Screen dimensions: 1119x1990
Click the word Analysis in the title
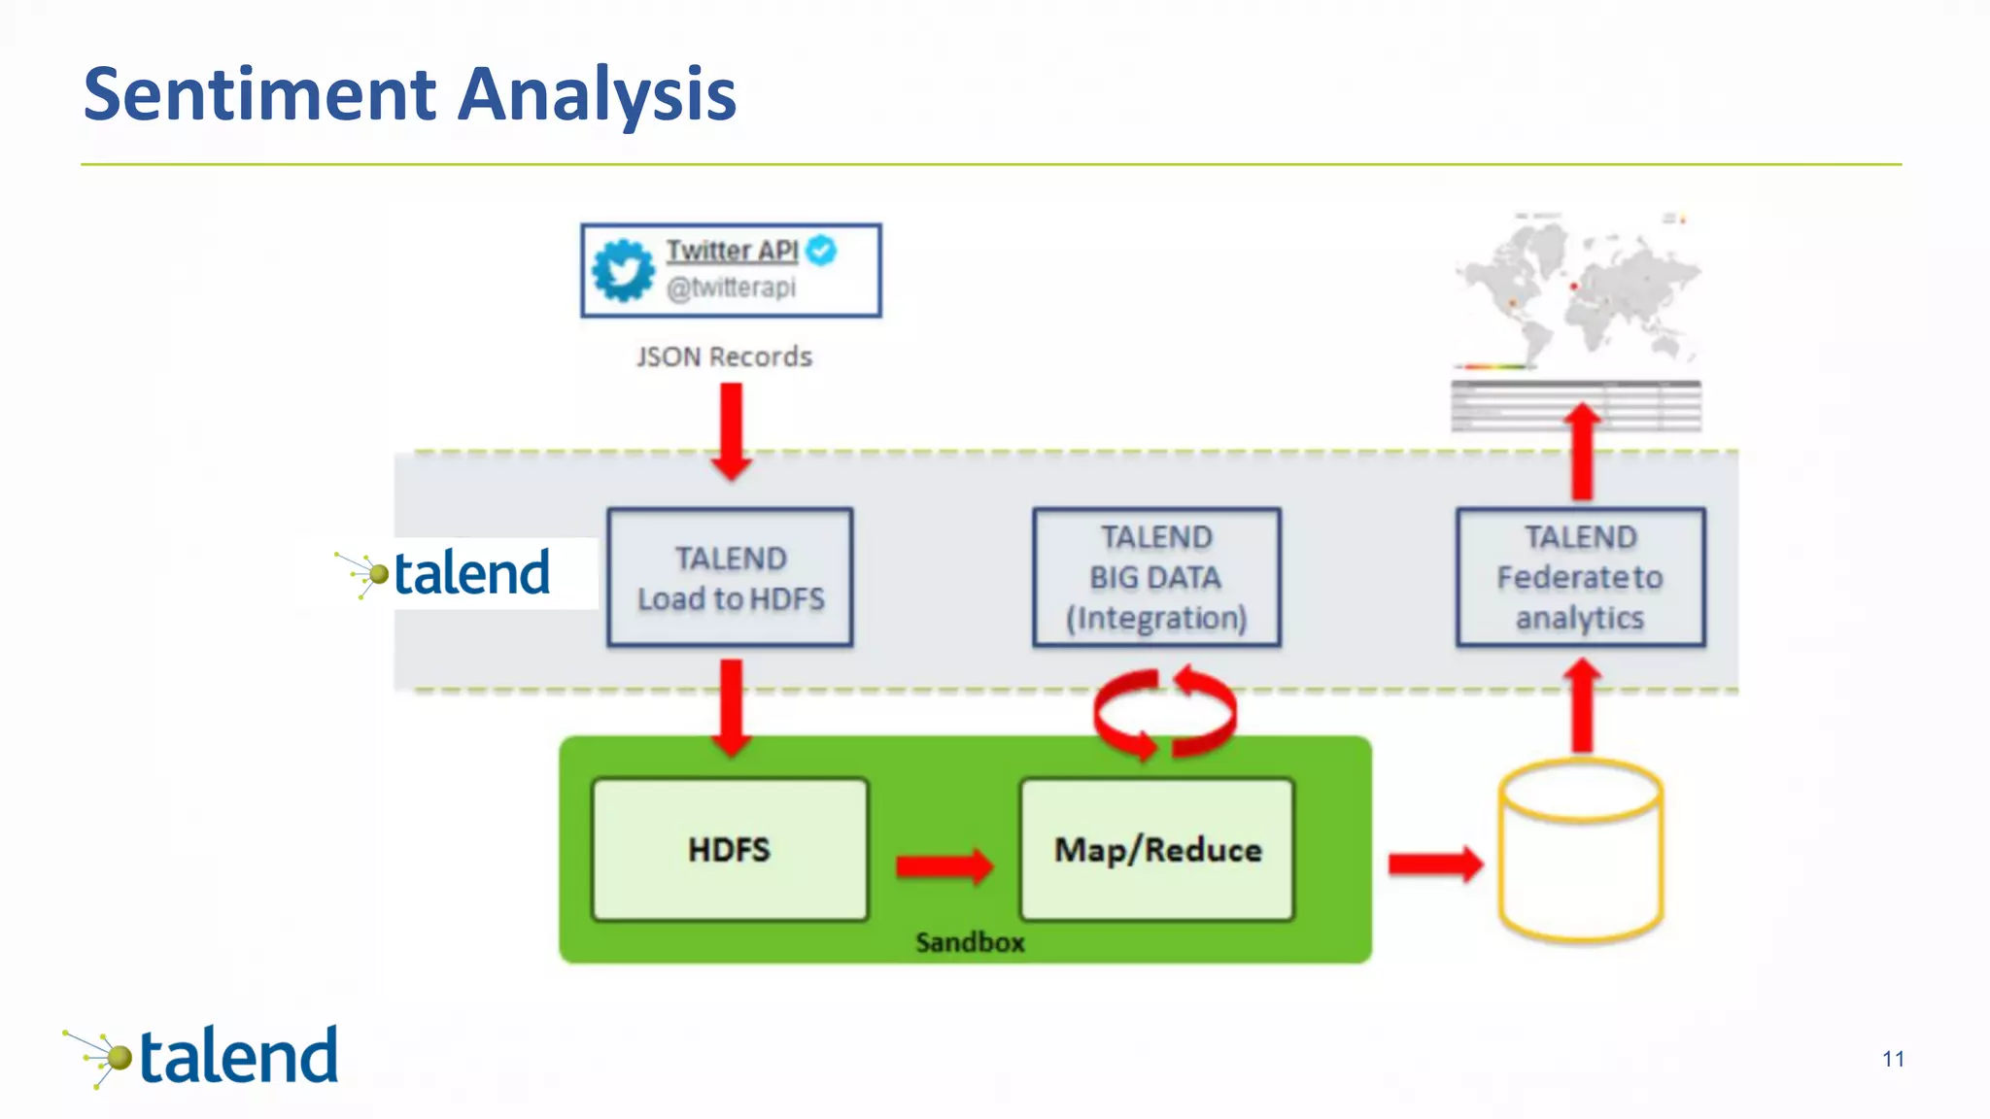(597, 94)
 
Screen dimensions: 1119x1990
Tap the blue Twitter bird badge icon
(623, 270)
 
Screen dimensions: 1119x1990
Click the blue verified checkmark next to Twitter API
(822, 251)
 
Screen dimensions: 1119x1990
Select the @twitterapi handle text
(731, 288)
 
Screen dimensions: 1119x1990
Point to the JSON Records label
(724, 356)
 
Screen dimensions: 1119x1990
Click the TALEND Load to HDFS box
(731, 577)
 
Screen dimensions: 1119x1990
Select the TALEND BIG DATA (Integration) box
(1156, 577)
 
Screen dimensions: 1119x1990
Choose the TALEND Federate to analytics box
(1580, 577)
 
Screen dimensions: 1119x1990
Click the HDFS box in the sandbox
(730, 849)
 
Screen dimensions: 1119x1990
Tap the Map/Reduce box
(1157, 849)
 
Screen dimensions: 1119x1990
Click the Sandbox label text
(970, 942)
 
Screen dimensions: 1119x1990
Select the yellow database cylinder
(1581, 851)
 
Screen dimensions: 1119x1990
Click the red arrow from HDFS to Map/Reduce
(944, 865)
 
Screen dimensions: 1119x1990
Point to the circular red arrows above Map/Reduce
(1164, 714)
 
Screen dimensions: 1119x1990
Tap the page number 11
(1892, 1059)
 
